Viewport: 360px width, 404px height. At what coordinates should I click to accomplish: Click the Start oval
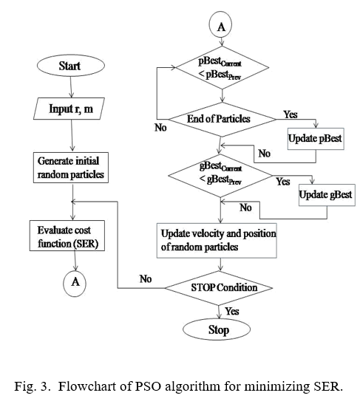point(71,66)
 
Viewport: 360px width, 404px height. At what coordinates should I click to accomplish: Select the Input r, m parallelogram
point(69,109)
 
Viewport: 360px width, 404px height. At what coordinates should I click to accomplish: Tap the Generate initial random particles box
point(71,168)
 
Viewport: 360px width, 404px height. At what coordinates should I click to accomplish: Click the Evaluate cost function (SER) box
point(67,236)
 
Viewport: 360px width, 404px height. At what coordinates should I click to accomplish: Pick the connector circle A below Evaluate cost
point(75,283)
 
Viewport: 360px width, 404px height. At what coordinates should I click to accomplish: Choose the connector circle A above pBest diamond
point(220,26)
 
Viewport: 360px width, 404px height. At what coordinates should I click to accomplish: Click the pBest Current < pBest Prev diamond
point(222,67)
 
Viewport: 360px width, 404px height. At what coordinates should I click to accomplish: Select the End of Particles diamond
point(222,120)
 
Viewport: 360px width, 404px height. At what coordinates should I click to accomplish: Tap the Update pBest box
point(316,139)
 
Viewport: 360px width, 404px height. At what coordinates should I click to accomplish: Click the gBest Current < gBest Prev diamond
point(220,176)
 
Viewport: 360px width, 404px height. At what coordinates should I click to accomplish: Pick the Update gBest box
point(327,195)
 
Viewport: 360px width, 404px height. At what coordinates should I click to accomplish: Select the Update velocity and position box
point(217,240)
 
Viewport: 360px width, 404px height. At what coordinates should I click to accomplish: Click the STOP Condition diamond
point(219,288)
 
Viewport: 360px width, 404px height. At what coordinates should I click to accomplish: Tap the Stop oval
point(217,329)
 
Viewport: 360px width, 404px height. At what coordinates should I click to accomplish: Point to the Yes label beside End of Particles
point(291,114)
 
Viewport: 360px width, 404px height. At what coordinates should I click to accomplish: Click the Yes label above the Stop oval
point(232,311)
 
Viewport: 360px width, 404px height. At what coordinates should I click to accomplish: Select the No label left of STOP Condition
point(146,278)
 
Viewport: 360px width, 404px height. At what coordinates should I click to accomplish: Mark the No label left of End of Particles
point(160,127)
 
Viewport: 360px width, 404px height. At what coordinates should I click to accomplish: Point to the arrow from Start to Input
point(71,87)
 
